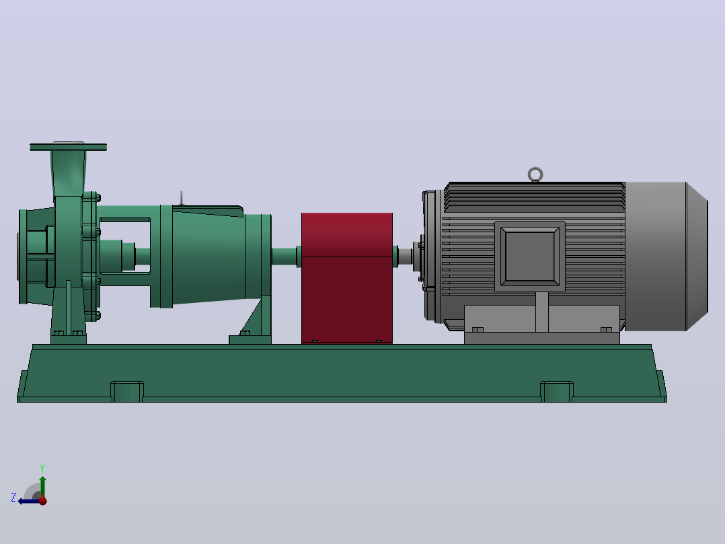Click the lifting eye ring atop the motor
535,169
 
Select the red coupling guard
347,278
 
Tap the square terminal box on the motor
530,256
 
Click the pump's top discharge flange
69,147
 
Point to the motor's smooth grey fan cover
666,256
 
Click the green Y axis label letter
42,469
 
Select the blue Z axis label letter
13,498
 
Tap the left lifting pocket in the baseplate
126,391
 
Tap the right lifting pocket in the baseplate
557,391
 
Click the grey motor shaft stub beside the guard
405,257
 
